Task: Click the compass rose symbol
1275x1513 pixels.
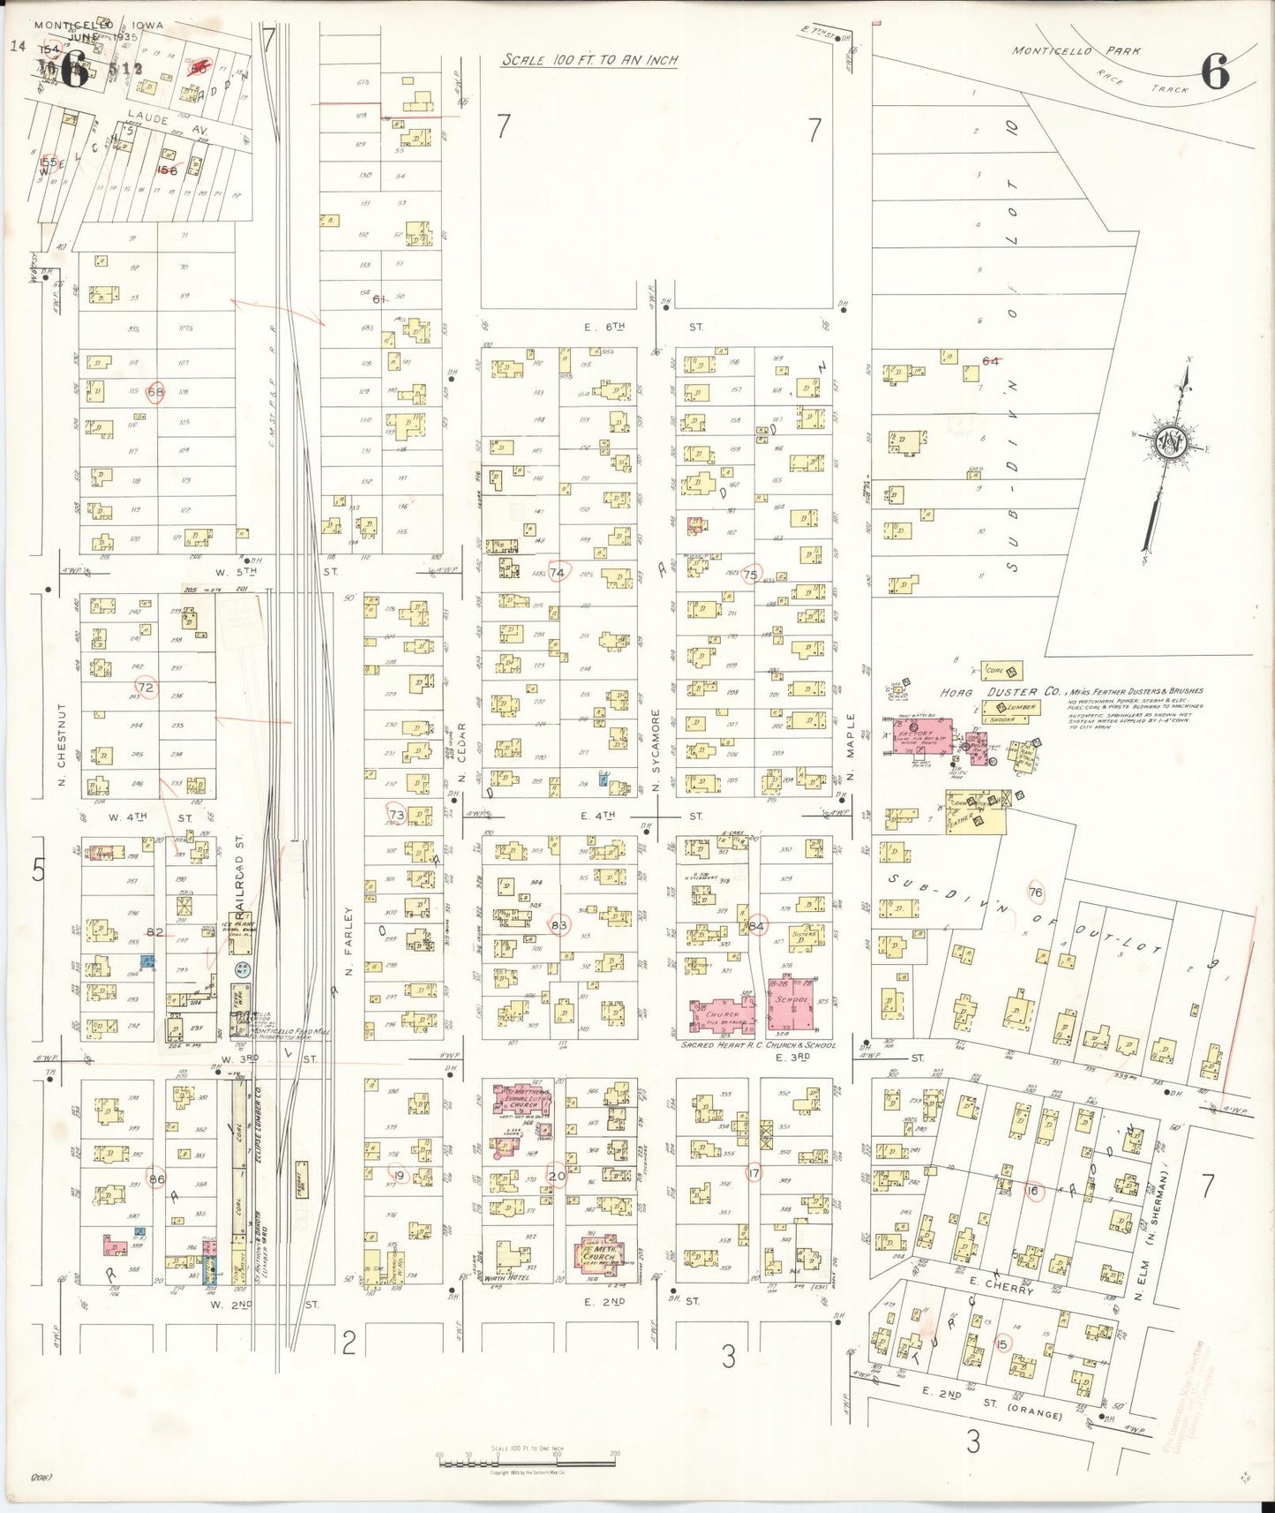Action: tap(1171, 443)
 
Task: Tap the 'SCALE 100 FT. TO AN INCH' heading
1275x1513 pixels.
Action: tap(590, 60)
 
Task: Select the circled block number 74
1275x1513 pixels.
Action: tap(558, 572)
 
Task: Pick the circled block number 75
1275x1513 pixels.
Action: tap(751, 574)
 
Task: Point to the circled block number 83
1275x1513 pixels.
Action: tap(559, 924)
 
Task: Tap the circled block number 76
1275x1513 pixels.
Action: tap(1036, 892)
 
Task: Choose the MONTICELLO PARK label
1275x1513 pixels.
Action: tap(1053, 50)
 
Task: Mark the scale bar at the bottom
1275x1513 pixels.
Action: tap(528, 1461)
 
